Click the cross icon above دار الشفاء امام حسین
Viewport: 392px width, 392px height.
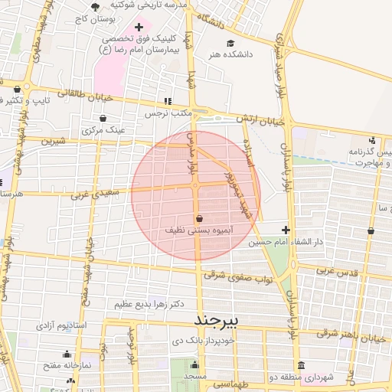pos(286,230)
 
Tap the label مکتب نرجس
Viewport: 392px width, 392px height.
pos(167,113)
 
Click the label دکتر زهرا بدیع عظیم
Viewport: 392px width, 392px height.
pos(149,304)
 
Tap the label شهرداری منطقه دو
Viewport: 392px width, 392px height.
pos(328,377)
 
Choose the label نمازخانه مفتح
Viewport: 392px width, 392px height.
pos(67,366)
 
